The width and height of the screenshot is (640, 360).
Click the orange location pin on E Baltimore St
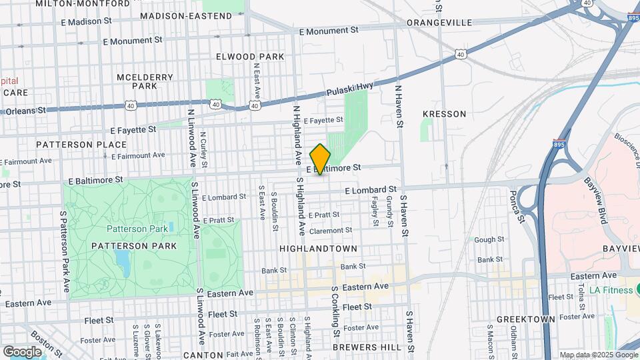(x=321, y=159)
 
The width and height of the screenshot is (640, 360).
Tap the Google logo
(x=22, y=351)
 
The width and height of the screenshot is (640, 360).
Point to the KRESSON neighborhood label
(x=444, y=114)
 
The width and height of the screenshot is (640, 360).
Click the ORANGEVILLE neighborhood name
(x=439, y=22)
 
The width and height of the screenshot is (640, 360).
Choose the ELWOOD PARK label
(x=250, y=57)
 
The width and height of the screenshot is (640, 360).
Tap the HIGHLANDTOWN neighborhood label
(x=318, y=248)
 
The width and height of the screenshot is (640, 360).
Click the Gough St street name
(x=489, y=239)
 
